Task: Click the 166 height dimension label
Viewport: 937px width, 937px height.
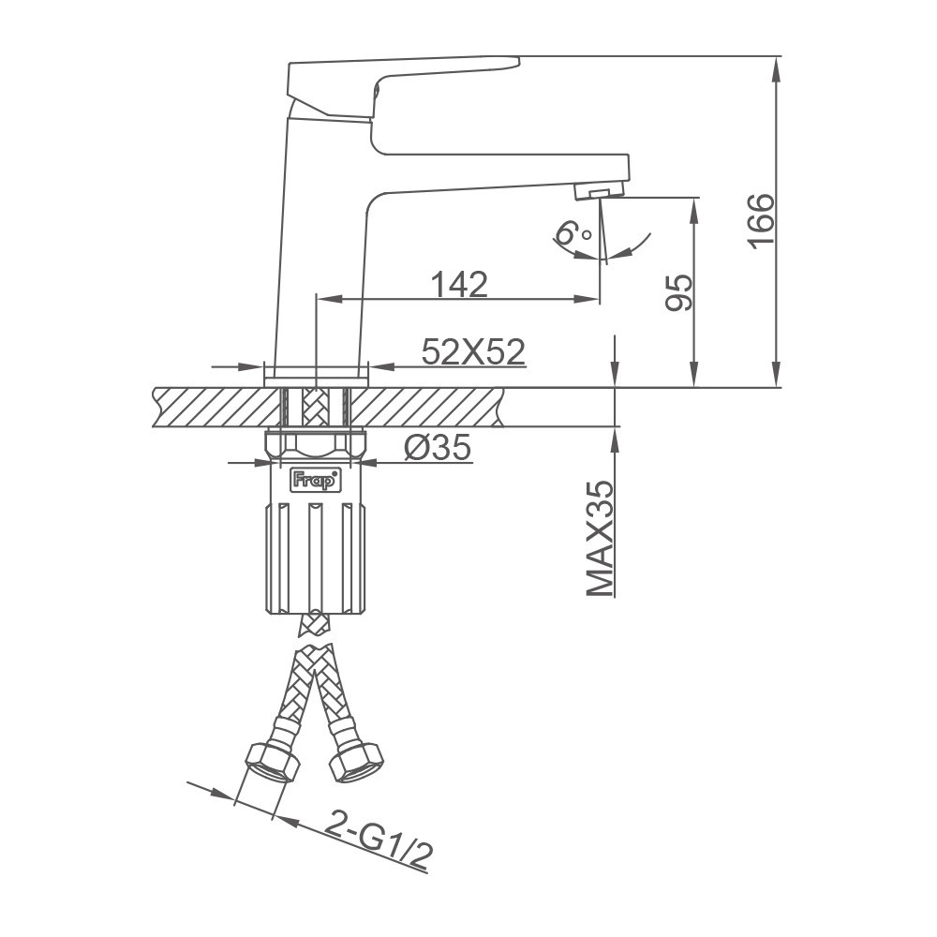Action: [x=761, y=221]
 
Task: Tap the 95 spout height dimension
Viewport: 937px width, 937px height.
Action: [x=679, y=292]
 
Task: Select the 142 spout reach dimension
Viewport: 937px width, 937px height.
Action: [x=459, y=285]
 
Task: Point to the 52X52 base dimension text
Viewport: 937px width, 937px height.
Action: [x=473, y=351]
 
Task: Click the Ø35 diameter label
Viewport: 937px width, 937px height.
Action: [x=438, y=447]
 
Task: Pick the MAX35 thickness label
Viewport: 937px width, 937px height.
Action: [x=600, y=538]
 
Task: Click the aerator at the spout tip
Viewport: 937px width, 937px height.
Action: [x=599, y=191]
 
